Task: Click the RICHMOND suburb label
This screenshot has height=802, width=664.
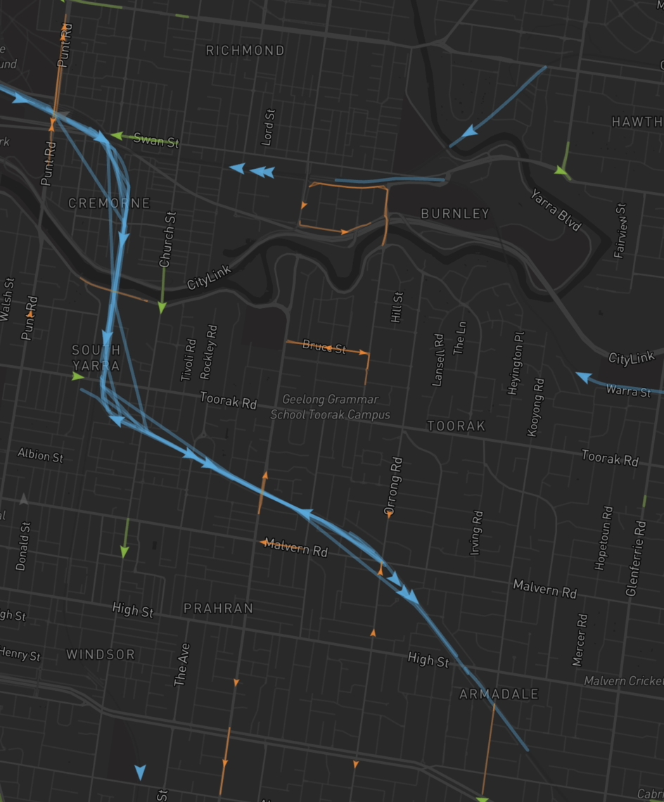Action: coord(245,51)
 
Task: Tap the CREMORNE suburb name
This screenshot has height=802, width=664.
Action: coord(109,203)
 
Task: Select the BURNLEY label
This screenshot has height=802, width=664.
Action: coord(454,213)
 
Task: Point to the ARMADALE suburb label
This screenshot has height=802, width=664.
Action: coord(499,694)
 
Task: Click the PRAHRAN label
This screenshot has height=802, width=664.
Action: coord(218,608)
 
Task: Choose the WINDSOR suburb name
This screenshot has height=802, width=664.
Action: coord(101,654)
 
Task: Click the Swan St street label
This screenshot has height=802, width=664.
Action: coord(156,140)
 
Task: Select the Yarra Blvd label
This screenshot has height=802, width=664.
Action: coord(556,210)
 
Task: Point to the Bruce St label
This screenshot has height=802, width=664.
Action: coord(324,346)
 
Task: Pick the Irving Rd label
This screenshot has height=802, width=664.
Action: coord(476,532)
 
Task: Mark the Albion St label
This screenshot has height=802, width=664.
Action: coord(40,455)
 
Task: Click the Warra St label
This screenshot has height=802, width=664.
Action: coord(628,390)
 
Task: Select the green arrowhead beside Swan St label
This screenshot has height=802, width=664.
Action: coord(117,135)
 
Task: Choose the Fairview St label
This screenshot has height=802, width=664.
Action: coord(620,230)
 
